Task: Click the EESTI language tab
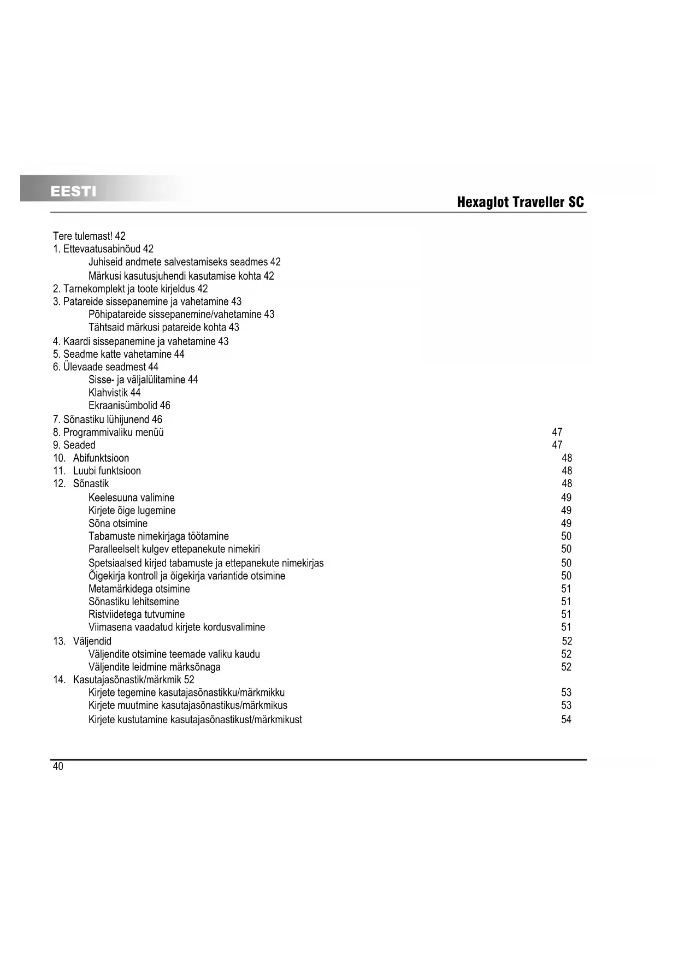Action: pos(73,191)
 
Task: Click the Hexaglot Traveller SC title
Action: pos(520,203)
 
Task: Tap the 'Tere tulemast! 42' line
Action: pos(89,236)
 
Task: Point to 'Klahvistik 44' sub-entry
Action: pos(114,392)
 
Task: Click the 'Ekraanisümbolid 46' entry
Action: pos(129,405)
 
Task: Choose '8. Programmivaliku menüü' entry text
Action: pos(108,432)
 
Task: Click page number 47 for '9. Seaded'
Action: pos(557,445)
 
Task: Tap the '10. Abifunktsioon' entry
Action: pos(91,458)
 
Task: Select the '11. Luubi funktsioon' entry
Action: pos(97,471)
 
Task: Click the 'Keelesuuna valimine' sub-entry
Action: pos(131,498)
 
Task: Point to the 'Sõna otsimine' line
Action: pos(117,523)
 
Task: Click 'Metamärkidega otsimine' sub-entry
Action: pos(139,589)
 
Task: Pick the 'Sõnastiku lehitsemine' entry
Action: pos(133,601)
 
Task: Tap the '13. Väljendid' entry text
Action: pos(82,641)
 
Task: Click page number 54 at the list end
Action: pos(566,719)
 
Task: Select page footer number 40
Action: pos(58,766)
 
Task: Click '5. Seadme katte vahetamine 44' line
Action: pos(119,354)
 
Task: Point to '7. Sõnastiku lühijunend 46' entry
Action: pos(108,419)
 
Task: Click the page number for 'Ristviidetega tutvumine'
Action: pos(566,614)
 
